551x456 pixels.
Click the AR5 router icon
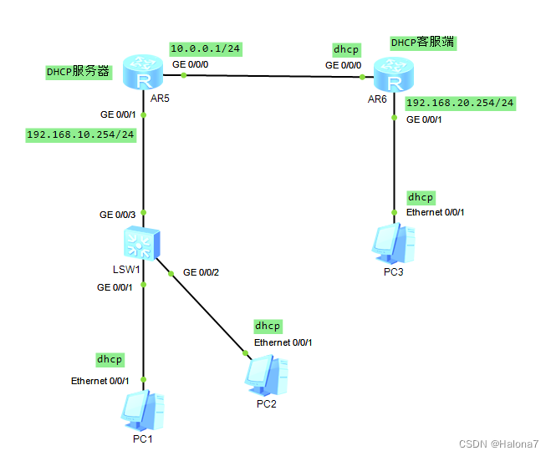[x=143, y=72]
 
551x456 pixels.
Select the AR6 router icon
[x=394, y=73]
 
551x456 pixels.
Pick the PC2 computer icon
[x=268, y=374]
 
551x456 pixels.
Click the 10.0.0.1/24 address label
[x=205, y=49]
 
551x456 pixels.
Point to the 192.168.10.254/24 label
[x=80, y=134]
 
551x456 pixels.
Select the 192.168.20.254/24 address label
[x=460, y=103]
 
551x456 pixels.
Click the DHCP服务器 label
[x=78, y=72]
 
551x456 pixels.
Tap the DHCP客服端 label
[x=423, y=42]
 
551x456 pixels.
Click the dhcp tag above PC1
[x=110, y=359]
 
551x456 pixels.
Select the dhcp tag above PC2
[x=268, y=326]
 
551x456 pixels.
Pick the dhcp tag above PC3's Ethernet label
[x=421, y=197]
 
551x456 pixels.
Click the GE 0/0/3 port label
[x=118, y=215]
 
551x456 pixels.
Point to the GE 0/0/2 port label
[x=202, y=272]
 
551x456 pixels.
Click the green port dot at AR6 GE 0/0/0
[x=362, y=77]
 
